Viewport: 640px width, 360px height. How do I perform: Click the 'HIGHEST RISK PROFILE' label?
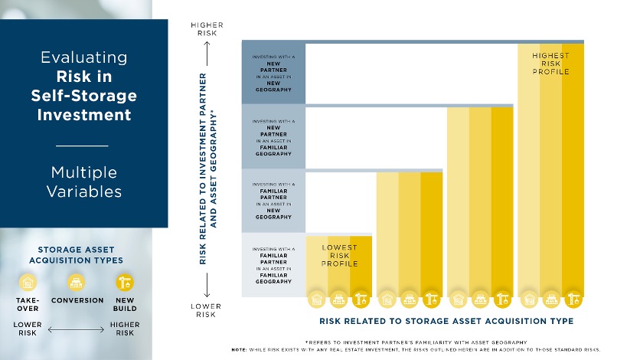pos(550,64)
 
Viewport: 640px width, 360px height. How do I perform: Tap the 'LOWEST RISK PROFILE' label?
pos(339,256)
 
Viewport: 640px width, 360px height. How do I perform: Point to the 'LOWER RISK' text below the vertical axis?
pos(206,309)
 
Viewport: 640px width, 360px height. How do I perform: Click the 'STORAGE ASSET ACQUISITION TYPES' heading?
pos(77,254)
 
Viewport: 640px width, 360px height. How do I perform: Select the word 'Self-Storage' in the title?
pos(84,96)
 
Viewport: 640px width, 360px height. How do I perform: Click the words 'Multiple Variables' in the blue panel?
pos(83,181)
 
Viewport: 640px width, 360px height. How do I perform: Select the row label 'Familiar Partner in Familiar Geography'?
pos(273,265)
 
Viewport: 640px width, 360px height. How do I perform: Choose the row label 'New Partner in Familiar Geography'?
pos(273,137)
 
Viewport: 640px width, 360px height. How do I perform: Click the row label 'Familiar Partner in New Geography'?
pos(273,201)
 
